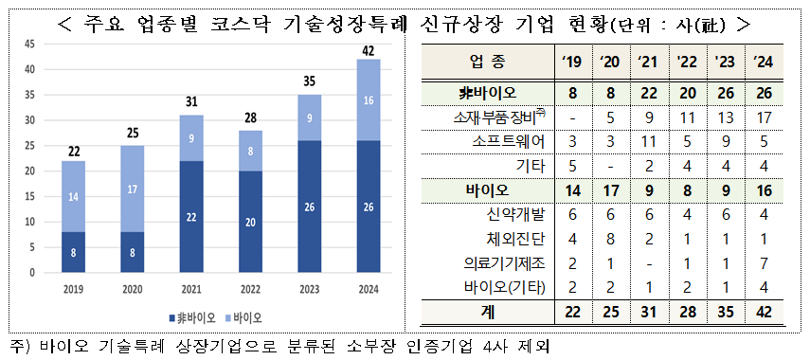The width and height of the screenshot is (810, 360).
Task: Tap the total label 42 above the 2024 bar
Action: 369,51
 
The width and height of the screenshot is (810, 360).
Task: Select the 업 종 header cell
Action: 487,63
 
